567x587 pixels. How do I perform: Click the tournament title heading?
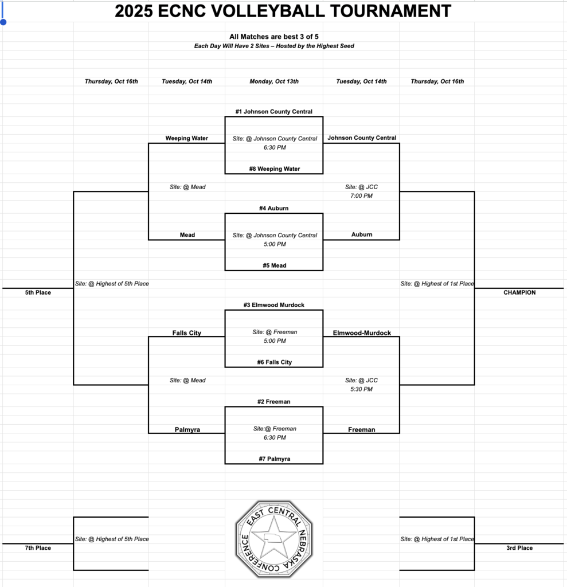(x=283, y=11)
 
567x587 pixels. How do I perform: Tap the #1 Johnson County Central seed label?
(x=273, y=112)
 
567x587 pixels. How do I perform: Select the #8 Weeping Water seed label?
(x=273, y=169)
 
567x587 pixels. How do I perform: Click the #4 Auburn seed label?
(x=273, y=209)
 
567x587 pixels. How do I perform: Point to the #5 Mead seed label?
(x=273, y=266)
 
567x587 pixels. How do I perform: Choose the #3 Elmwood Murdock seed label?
(x=273, y=306)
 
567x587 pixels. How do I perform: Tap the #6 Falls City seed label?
(x=273, y=362)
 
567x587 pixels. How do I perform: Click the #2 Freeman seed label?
(x=273, y=402)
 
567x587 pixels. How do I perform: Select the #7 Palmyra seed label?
(x=273, y=459)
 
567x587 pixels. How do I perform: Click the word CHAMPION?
(x=519, y=292)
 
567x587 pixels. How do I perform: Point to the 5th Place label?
(x=38, y=292)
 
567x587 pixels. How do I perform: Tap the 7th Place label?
(x=38, y=548)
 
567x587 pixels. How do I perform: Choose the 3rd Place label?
(x=519, y=548)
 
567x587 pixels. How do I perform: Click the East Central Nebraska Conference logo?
(x=273, y=539)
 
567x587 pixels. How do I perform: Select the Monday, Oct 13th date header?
(x=274, y=81)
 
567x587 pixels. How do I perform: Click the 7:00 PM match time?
(x=361, y=196)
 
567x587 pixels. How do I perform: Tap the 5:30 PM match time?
(x=361, y=389)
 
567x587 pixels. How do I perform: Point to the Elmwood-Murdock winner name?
(x=362, y=333)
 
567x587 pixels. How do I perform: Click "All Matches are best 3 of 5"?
(x=274, y=37)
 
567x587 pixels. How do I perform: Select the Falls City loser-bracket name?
(x=187, y=333)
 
